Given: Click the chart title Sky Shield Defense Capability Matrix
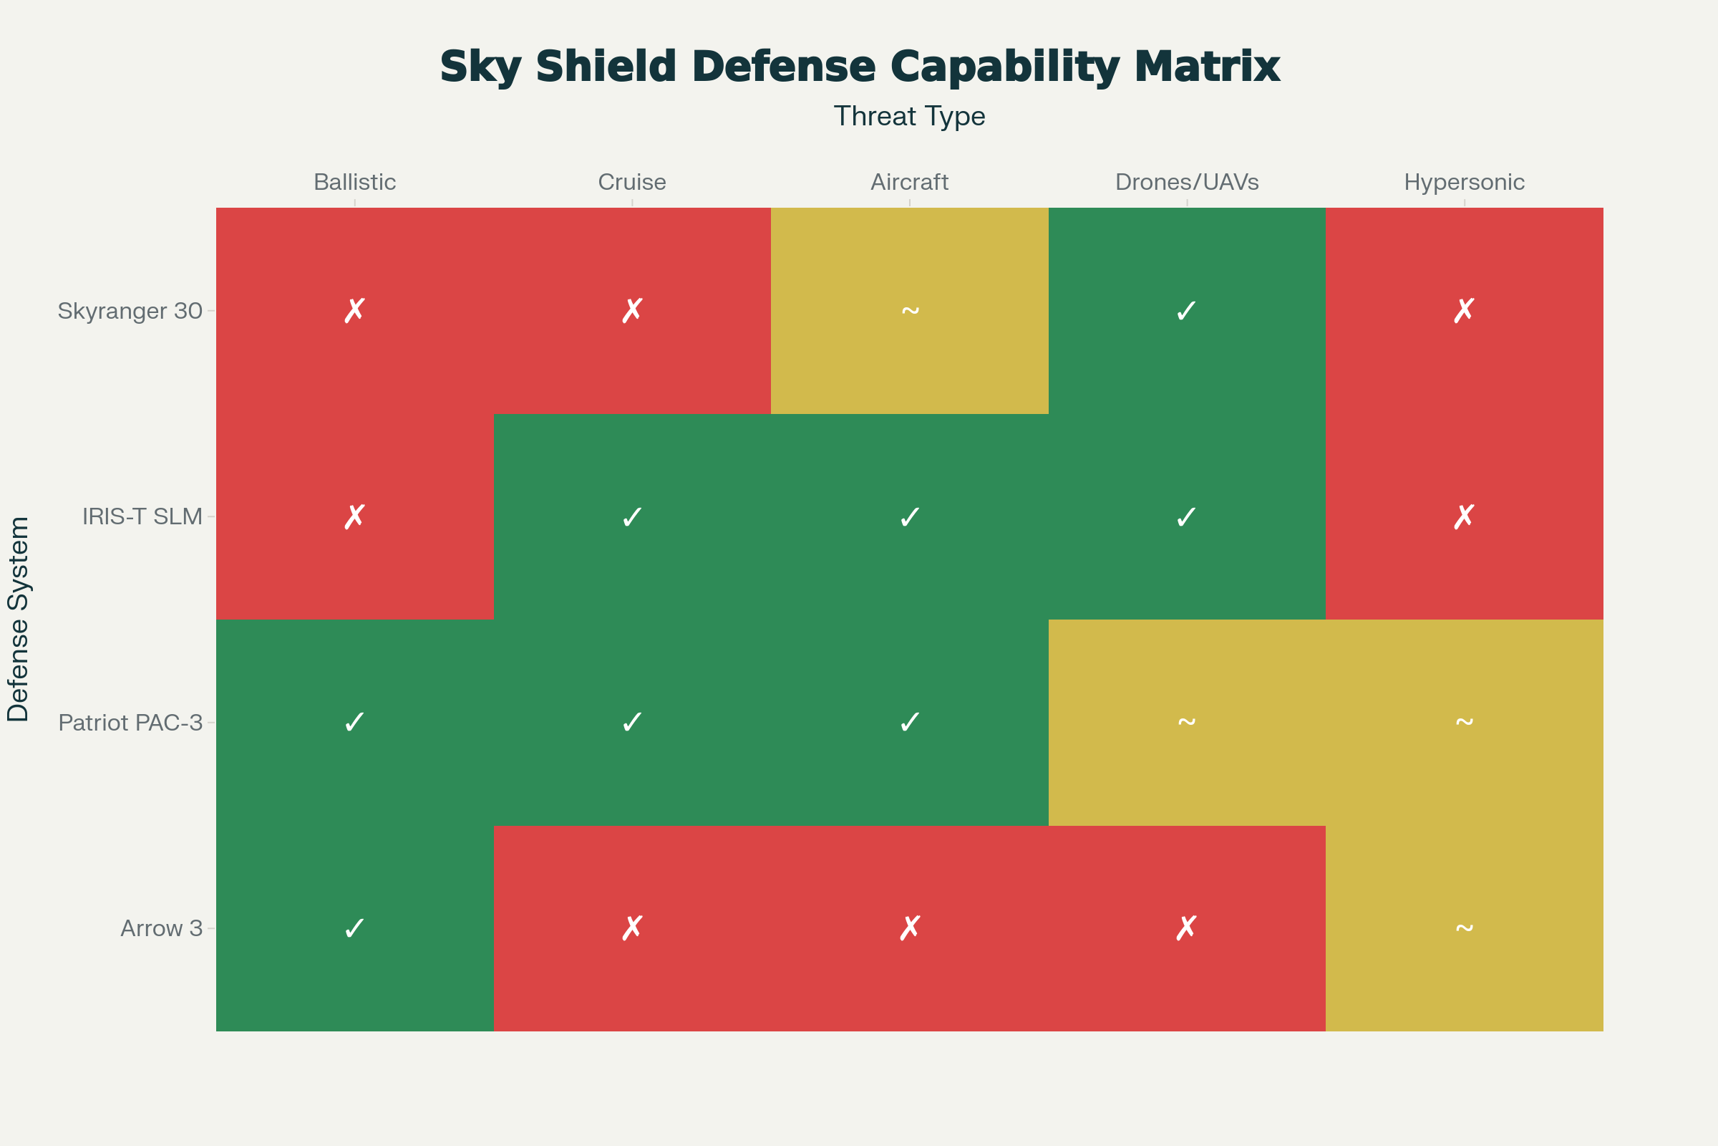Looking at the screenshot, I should tap(859, 67).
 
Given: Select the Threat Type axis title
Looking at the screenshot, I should tap(909, 116).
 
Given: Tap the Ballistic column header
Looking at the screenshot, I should tap(354, 182).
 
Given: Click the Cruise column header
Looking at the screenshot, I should tap(632, 182).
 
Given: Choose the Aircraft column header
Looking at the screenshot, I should tap(909, 182).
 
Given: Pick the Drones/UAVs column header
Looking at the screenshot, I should tap(1187, 182).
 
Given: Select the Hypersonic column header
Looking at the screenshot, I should tap(1464, 182).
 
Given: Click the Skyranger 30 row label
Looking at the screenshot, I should tap(130, 311).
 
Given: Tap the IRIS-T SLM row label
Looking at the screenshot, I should tap(142, 516).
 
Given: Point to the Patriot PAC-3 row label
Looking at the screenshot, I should tap(130, 723).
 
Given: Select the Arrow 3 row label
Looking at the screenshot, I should tap(162, 928).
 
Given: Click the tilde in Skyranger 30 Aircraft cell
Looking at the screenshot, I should tap(909, 311).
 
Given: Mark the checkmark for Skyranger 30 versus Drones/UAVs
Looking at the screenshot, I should tap(1186, 311).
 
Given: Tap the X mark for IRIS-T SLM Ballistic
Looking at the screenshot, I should tap(354, 516).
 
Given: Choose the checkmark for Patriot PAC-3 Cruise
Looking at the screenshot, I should tap(632, 723).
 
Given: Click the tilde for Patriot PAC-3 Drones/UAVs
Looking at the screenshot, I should tap(1186, 723).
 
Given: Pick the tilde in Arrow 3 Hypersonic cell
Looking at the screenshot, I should tap(1464, 928).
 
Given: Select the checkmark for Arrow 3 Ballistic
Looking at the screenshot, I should tap(354, 928).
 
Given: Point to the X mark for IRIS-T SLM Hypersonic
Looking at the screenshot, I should tap(1464, 516).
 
